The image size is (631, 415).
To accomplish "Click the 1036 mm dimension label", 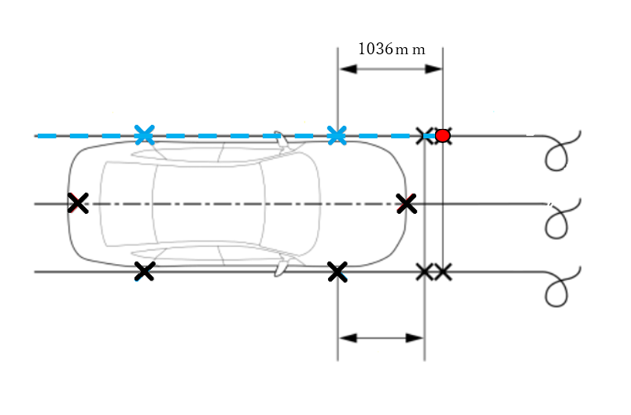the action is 392,49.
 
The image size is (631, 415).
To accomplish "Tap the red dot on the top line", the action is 443,136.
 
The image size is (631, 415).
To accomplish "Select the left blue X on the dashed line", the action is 145,134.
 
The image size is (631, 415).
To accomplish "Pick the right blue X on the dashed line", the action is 337,135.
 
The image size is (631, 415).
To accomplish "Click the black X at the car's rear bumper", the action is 78,203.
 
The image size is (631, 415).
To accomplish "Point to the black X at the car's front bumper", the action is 407,204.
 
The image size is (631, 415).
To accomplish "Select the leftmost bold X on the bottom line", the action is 144,271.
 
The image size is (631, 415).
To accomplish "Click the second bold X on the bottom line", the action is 338,272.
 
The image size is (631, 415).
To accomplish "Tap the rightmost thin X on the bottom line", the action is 443,272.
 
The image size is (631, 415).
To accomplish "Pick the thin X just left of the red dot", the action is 424,136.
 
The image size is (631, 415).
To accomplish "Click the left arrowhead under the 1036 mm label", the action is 348,68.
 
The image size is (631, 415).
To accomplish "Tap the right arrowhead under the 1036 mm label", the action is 434,68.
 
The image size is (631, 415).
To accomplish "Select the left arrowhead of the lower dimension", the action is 348,338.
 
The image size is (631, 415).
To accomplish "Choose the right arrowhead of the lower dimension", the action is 415,338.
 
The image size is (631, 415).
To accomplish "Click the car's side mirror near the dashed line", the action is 282,141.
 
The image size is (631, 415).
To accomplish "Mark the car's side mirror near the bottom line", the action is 282,266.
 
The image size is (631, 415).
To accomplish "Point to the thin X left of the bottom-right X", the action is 424,272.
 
